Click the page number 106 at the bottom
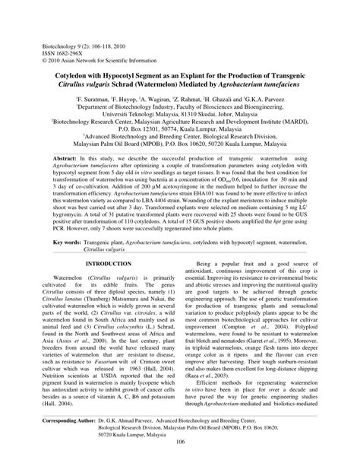(179, 455)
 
